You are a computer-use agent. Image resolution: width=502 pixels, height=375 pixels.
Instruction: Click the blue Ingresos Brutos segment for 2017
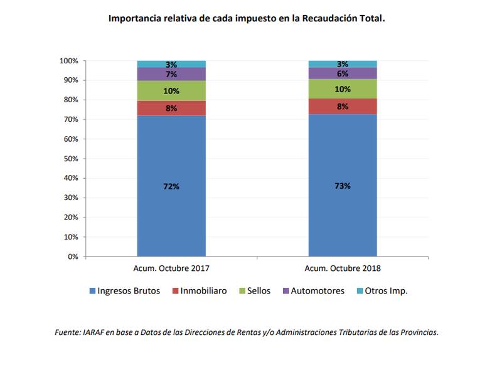[x=171, y=207]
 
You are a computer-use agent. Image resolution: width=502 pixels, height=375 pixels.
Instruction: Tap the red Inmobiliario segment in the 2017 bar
[x=171, y=108]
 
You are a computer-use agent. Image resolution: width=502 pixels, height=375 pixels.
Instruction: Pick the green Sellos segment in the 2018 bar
[x=342, y=89]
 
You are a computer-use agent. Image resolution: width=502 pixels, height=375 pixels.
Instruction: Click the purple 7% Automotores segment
[x=171, y=74]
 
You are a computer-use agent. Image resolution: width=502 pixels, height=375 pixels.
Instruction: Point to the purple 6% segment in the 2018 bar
[x=342, y=73]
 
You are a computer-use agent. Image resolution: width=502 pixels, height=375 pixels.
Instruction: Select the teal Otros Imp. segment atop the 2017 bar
[x=171, y=64]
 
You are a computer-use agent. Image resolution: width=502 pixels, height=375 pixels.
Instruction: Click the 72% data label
[x=171, y=187]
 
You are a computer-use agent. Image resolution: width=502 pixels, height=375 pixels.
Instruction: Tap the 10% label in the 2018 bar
[x=342, y=89]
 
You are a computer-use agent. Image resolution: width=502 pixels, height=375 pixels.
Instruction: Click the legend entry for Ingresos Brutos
[x=125, y=291]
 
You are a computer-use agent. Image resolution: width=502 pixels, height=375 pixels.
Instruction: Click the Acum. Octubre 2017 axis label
[x=171, y=268]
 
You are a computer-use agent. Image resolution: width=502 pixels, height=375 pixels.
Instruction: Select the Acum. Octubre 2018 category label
[x=342, y=268]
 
